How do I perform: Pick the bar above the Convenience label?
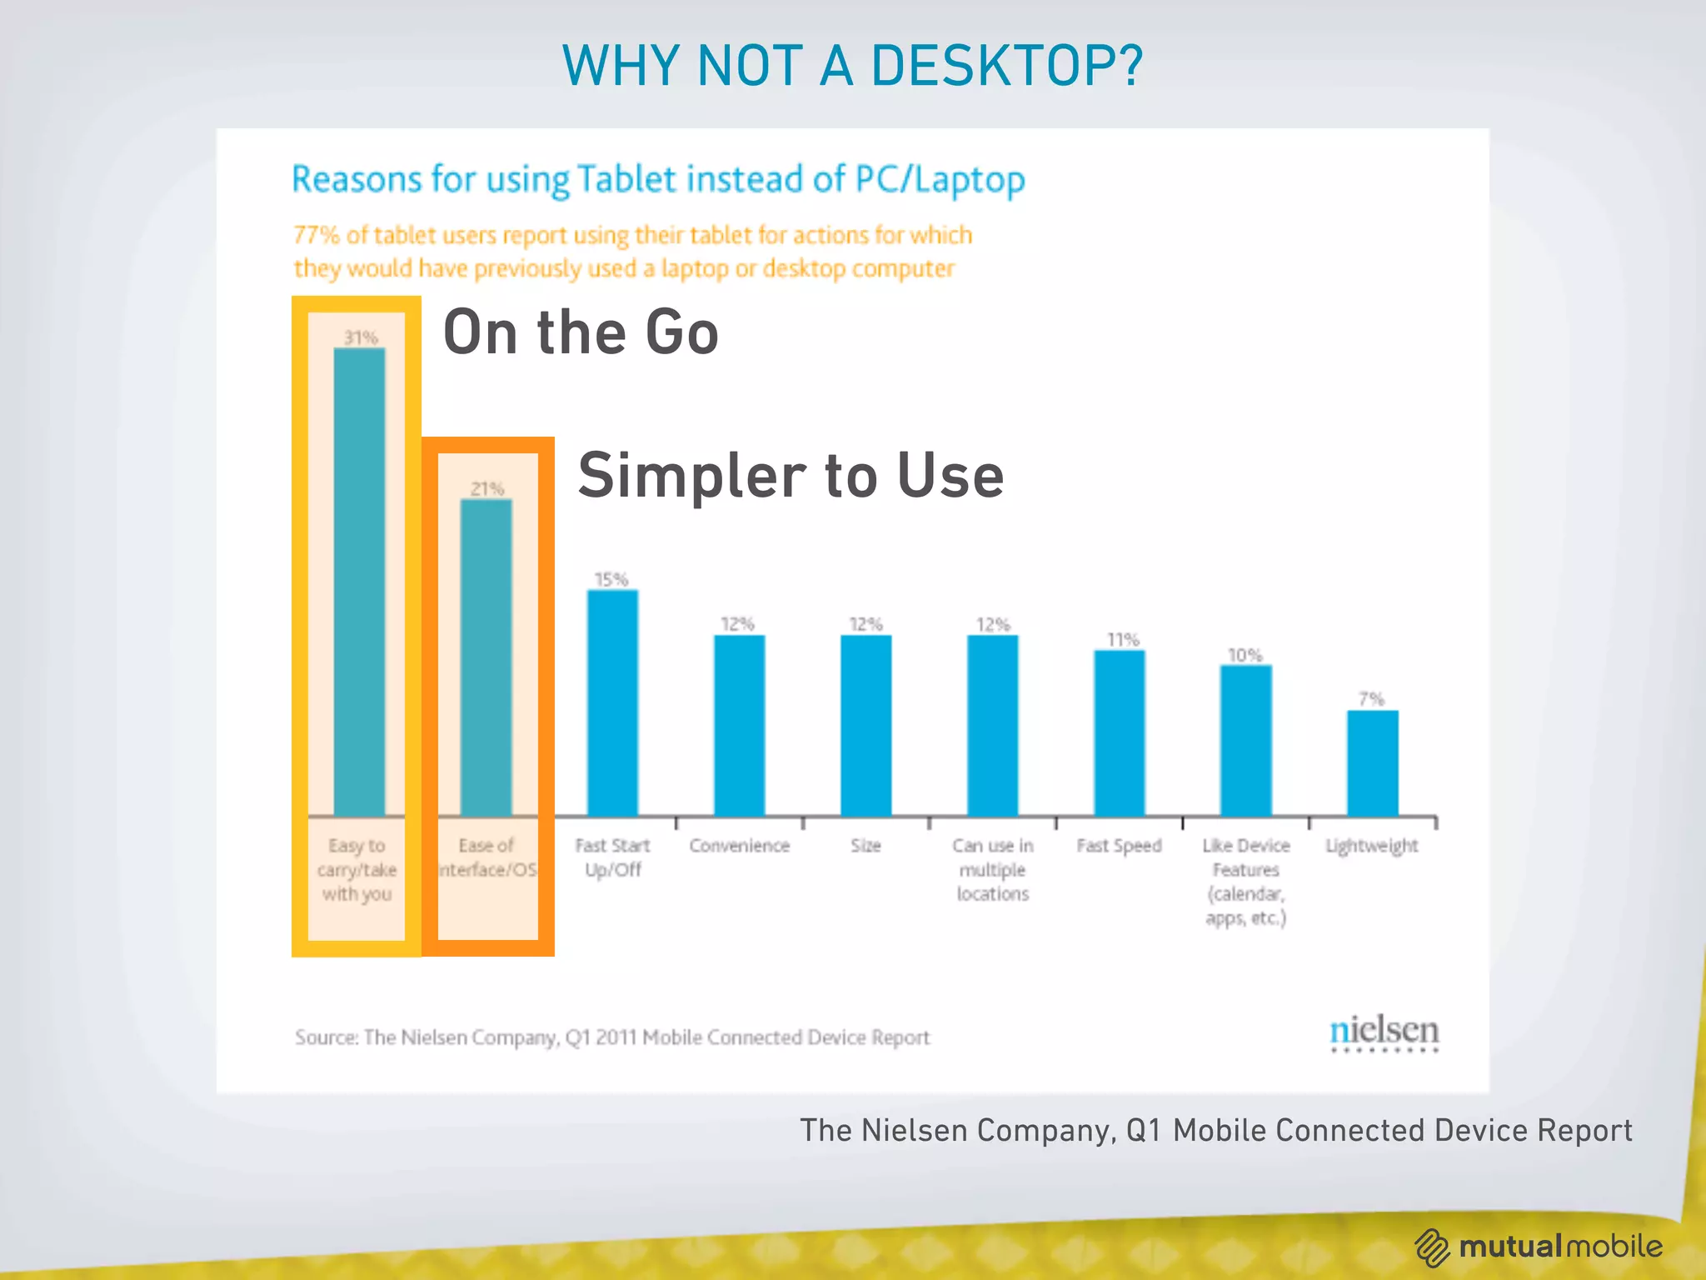[x=739, y=725]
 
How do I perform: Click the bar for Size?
[x=865, y=725]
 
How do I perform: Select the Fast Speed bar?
[x=1119, y=732]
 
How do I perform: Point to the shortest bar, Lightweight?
[x=1372, y=762]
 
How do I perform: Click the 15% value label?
[x=611, y=579]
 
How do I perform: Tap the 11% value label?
[x=1122, y=639]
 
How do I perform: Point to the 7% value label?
[x=1371, y=698]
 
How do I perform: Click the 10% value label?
[x=1245, y=655]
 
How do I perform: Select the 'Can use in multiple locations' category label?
[x=992, y=869]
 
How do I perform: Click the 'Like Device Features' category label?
[x=1245, y=881]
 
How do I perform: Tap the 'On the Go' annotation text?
[x=581, y=332]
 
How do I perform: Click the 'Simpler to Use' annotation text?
[x=791, y=475]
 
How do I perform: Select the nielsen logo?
[x=1384, y=1032]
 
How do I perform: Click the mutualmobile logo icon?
[x=1432, y=1247]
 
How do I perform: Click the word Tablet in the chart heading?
[x=626, y=179]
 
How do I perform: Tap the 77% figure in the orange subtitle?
[x=316, y=235]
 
